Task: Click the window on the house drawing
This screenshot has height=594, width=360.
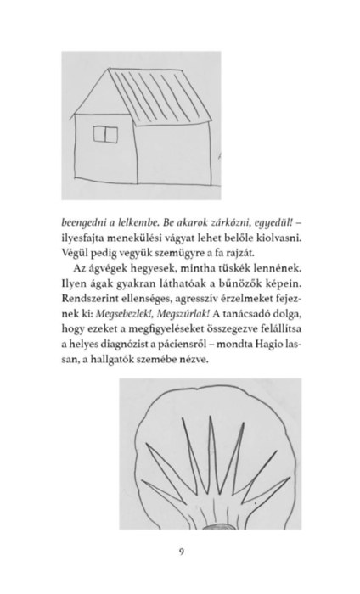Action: coord(105,134)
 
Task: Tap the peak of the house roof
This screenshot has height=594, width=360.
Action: coord(110,69)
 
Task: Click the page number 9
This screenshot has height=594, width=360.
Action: coord(182,552)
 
